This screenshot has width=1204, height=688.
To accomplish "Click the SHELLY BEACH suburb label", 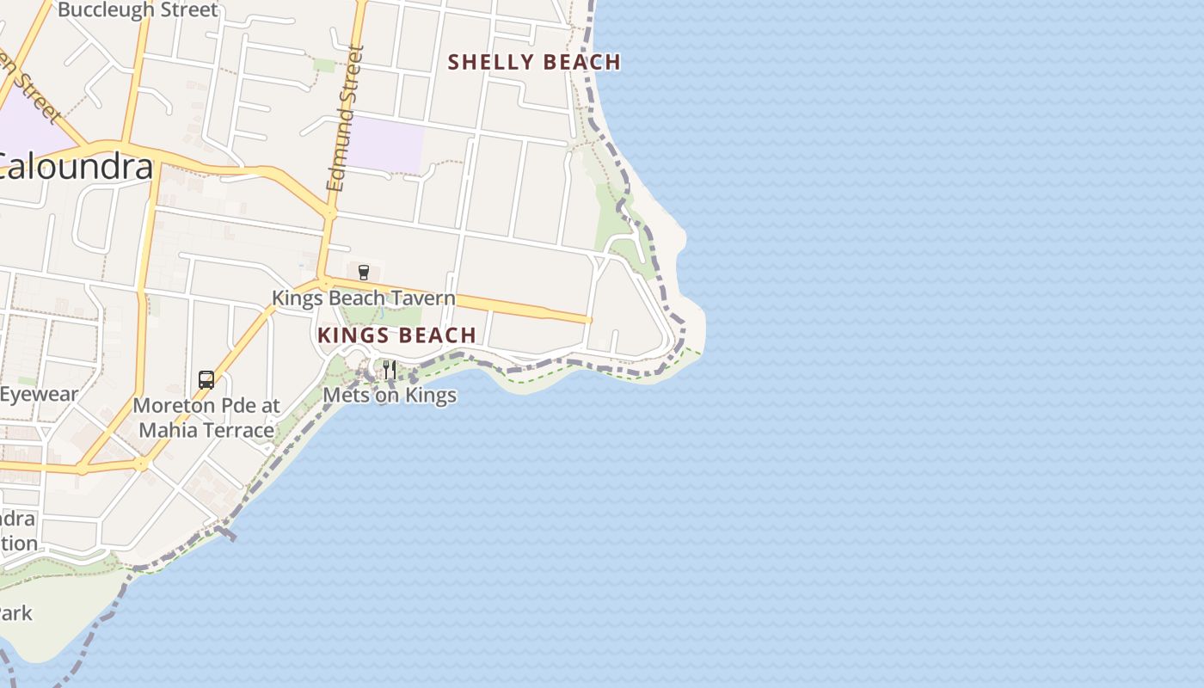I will pos(534,62).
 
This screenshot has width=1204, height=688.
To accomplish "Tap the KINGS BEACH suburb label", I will pos(396,335).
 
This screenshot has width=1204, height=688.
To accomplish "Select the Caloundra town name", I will pos(76,167).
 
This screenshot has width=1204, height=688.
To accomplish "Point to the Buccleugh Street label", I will pos(138,10).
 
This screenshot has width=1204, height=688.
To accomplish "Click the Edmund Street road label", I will pos(346,118).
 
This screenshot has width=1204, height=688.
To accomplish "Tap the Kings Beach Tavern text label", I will pos(363,298).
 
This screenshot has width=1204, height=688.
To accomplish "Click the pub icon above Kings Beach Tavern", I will pos(363,273).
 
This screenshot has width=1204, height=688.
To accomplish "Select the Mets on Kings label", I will pos(390,395).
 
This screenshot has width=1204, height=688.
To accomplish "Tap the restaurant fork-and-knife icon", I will pos(390,370).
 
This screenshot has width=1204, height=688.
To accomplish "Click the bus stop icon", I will pos(206,379).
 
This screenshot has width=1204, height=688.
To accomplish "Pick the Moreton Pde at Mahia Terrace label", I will pos(206,417).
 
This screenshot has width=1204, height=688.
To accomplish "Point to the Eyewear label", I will pos(39,395).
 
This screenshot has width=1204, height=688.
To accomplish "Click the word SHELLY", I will pos(486,62).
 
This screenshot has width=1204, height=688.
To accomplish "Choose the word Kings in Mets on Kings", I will pos(429,395).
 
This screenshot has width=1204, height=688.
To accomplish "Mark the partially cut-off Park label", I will pos(15,613).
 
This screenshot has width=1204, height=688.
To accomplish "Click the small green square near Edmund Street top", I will pos(323,65).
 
